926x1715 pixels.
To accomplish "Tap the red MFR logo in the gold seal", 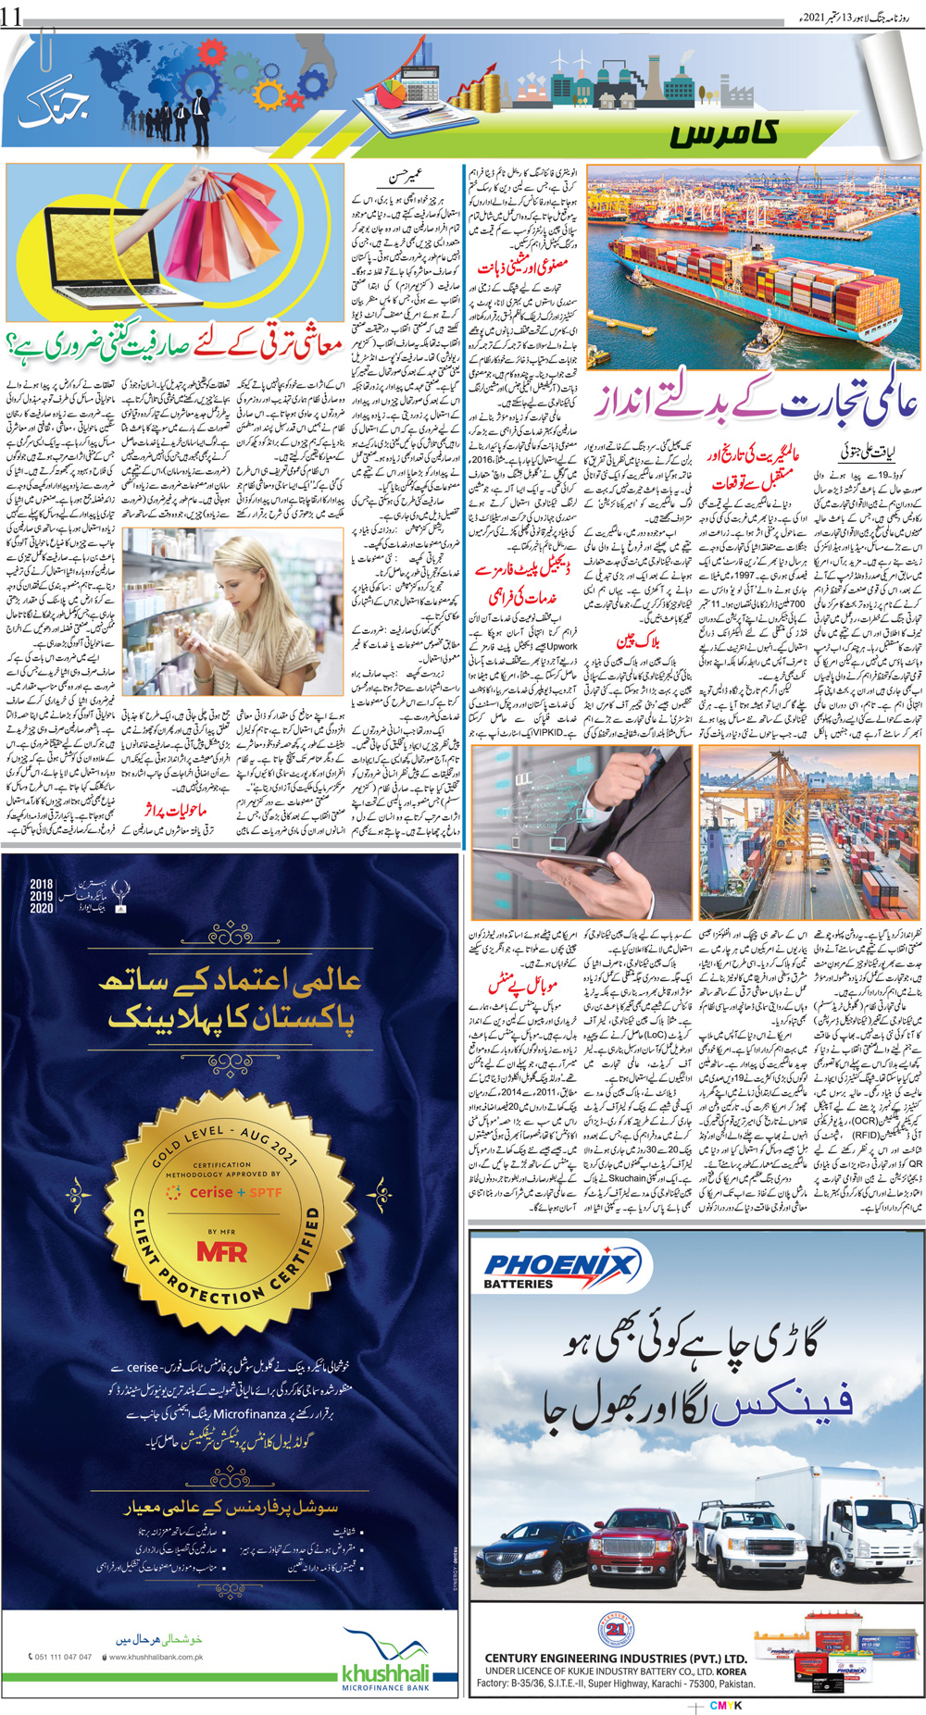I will tap(222, 1251).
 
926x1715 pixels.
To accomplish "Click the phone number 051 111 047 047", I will tap(63, 1657).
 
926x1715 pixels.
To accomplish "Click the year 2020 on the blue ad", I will tap(42, 909).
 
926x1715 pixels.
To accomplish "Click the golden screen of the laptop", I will tap(91, 247).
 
